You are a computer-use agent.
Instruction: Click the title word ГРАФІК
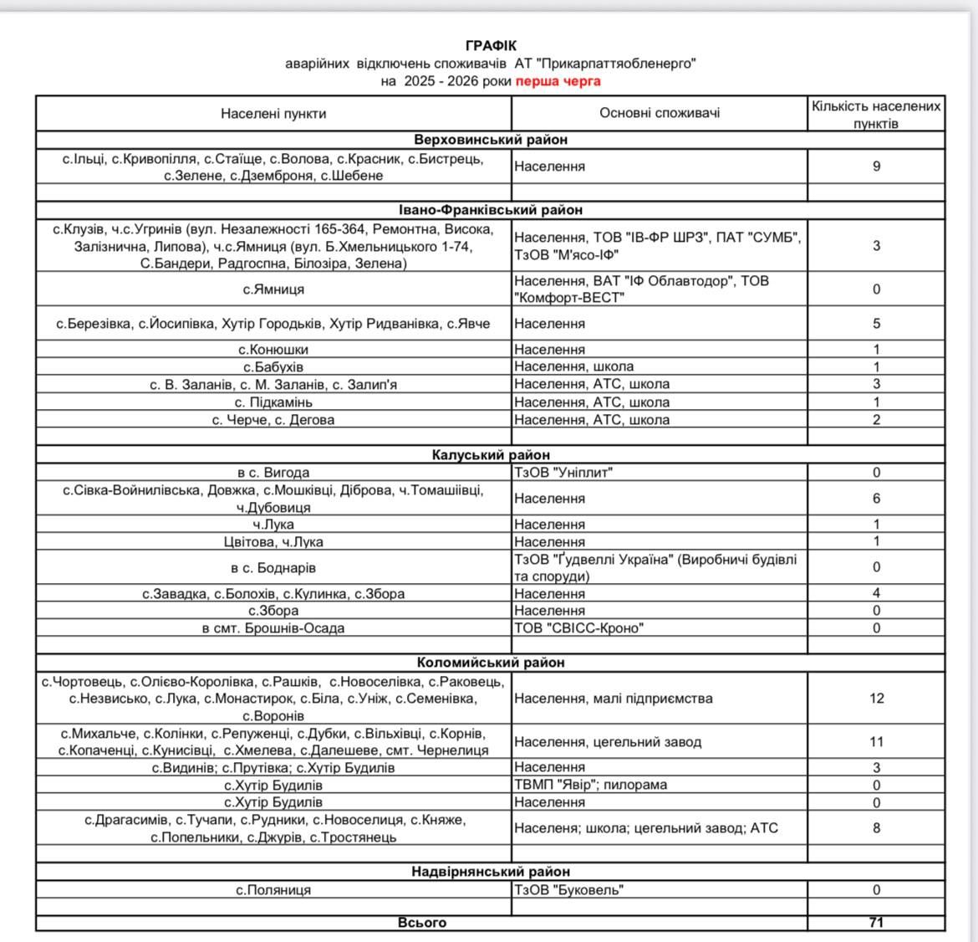pos(491,45)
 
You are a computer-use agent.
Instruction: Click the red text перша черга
pos(558,81)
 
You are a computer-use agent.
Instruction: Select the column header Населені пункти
pos(273,113)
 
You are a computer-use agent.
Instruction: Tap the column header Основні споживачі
pos(660,113)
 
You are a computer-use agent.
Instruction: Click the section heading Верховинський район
pos(491,140)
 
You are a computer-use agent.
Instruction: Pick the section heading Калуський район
pos(491,455)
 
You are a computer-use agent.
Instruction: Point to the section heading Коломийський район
pos(491,663)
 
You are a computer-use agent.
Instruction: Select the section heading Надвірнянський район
pos(491,872)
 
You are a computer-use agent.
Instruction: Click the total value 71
pos(876,922)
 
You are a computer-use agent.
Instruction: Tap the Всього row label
pos(421,922)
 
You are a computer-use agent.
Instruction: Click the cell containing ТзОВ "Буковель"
pos(568,890)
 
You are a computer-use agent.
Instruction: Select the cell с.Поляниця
pos(273,890)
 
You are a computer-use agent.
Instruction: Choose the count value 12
pos(876,698)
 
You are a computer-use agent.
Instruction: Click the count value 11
pos(876,741)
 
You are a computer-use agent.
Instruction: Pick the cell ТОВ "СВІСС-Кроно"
pos(578,628)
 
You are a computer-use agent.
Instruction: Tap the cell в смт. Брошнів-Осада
pos(273,628)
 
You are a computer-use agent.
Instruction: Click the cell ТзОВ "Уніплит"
pos(563,472)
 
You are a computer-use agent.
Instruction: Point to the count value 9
pos(876,166)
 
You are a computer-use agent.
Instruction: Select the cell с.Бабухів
pos(273,366)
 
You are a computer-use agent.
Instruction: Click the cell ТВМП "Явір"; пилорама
pos(590,785)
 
